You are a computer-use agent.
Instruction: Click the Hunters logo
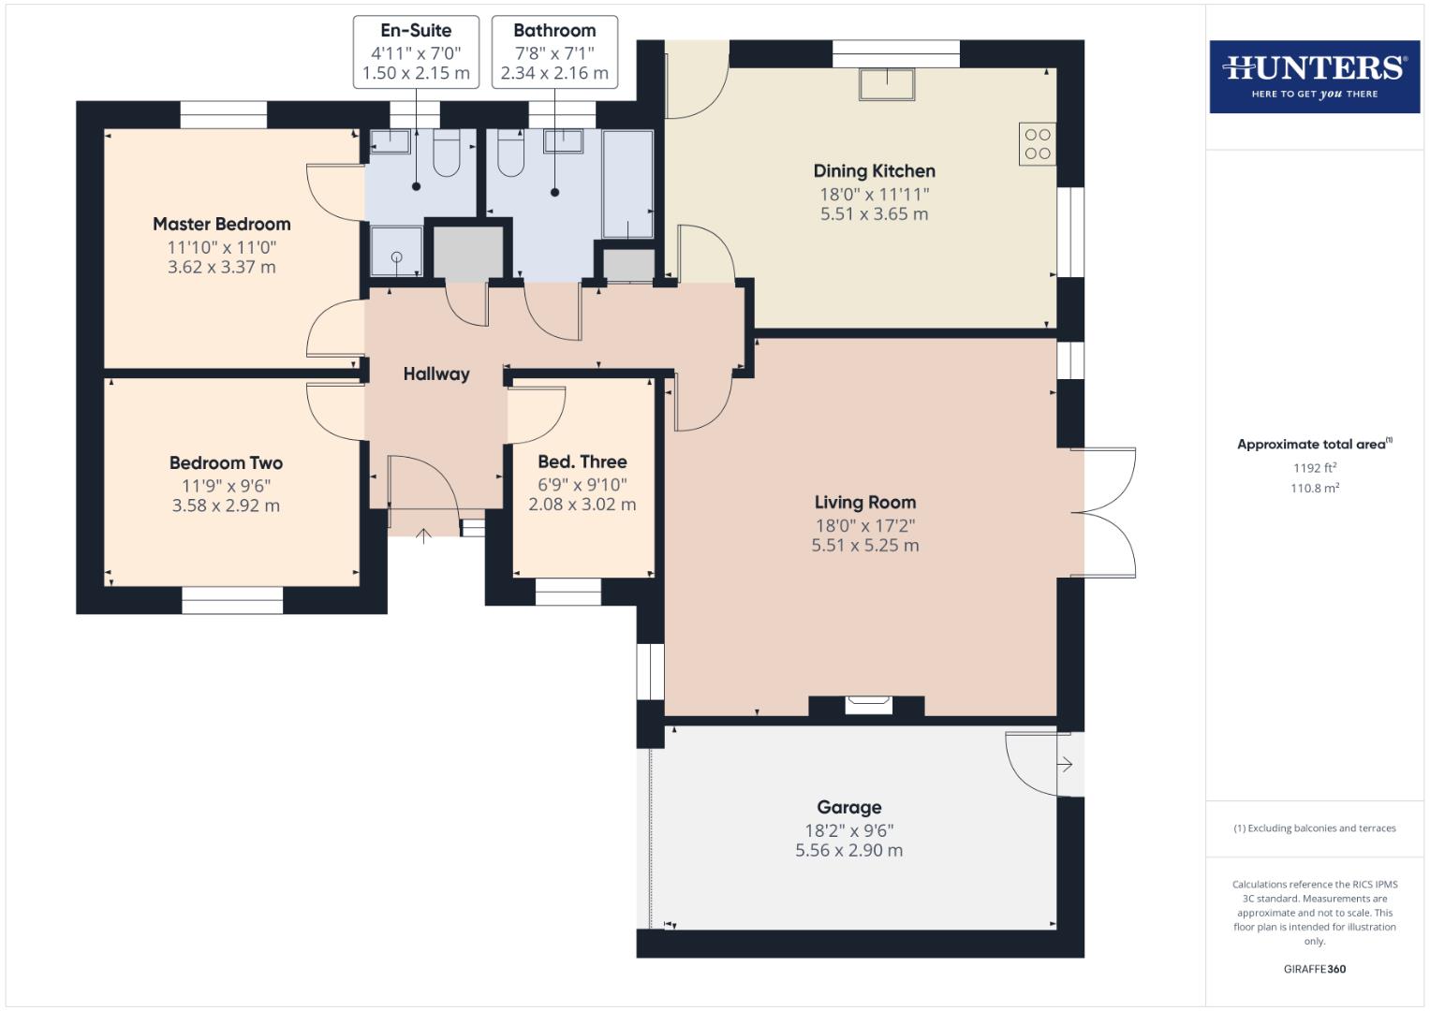1314,76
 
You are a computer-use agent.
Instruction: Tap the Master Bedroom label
221,224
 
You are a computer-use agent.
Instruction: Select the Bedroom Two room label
226,462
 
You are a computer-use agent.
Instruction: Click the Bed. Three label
582,462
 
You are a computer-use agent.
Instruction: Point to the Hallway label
435,374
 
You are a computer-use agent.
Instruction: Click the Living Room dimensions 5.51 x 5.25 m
864,545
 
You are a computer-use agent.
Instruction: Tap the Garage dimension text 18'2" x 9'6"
848,830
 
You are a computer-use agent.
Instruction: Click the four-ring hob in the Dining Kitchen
1037,144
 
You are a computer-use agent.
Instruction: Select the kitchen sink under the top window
886,84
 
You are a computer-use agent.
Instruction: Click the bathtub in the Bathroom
627,184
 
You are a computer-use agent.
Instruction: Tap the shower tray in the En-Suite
396,252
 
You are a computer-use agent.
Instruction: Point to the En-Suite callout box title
416,30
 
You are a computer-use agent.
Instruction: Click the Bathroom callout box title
554,30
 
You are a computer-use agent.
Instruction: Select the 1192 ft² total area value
1314,468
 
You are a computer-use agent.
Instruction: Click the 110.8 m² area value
1314,488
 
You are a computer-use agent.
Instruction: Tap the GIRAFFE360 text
1314,969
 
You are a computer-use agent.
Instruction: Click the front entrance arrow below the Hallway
423,535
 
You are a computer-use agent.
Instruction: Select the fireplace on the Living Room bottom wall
867,705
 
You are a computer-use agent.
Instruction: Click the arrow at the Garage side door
1065,765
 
